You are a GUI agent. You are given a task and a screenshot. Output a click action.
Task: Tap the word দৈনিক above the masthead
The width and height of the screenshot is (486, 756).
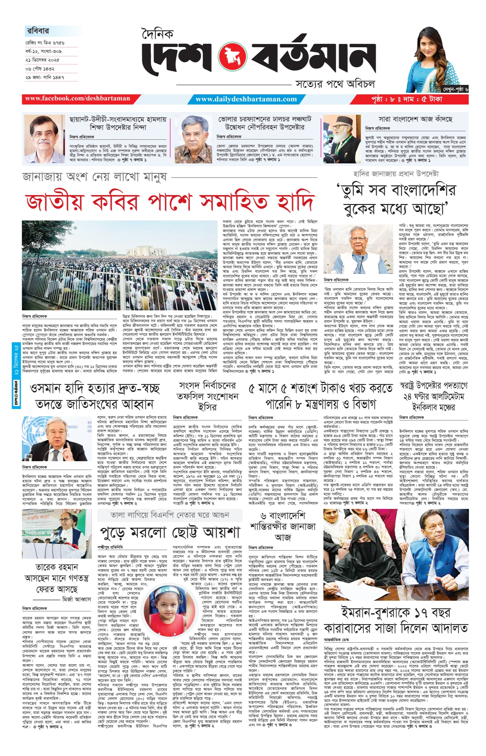(x=157, y=33)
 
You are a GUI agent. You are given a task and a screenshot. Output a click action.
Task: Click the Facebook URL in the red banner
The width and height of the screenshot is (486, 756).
(x=78, y=98)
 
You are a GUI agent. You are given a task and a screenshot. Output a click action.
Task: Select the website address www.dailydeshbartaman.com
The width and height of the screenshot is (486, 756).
(x=246, y=99)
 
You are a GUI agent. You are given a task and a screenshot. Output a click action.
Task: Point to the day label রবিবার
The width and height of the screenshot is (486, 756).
(x=38, y=31)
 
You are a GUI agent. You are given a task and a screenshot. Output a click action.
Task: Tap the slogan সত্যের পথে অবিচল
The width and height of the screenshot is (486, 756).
(x=335, y=84)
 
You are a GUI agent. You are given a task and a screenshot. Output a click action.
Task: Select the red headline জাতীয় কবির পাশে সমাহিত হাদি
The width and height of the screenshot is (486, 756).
(x=170, y=202)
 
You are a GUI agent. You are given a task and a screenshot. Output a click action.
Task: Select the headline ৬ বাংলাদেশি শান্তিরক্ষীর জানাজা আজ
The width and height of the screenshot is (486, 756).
(x=283, y=526)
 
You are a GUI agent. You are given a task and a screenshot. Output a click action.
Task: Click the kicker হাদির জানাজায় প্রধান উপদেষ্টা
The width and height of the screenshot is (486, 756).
(x=396, y=174)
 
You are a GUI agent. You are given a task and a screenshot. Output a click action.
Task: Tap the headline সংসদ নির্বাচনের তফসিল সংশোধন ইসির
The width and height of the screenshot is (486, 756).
(x=207, y=396)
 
